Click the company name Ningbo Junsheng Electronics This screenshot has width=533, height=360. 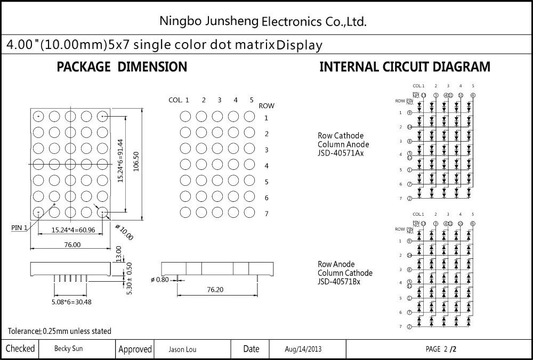coord(263,21)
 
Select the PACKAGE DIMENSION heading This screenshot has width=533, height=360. coord(122,67)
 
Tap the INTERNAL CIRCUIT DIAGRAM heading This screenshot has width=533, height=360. coord(405,67)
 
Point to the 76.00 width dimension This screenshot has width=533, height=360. coord(72,245)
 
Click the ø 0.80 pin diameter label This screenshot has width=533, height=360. coord(160,280)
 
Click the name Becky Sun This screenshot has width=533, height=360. coord(68,349)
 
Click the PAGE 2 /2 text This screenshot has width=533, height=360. coord(441,349)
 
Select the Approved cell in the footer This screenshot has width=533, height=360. coord(135,349)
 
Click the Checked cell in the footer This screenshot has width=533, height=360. coord(20,349)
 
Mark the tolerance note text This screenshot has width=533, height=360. coord(60,331)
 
